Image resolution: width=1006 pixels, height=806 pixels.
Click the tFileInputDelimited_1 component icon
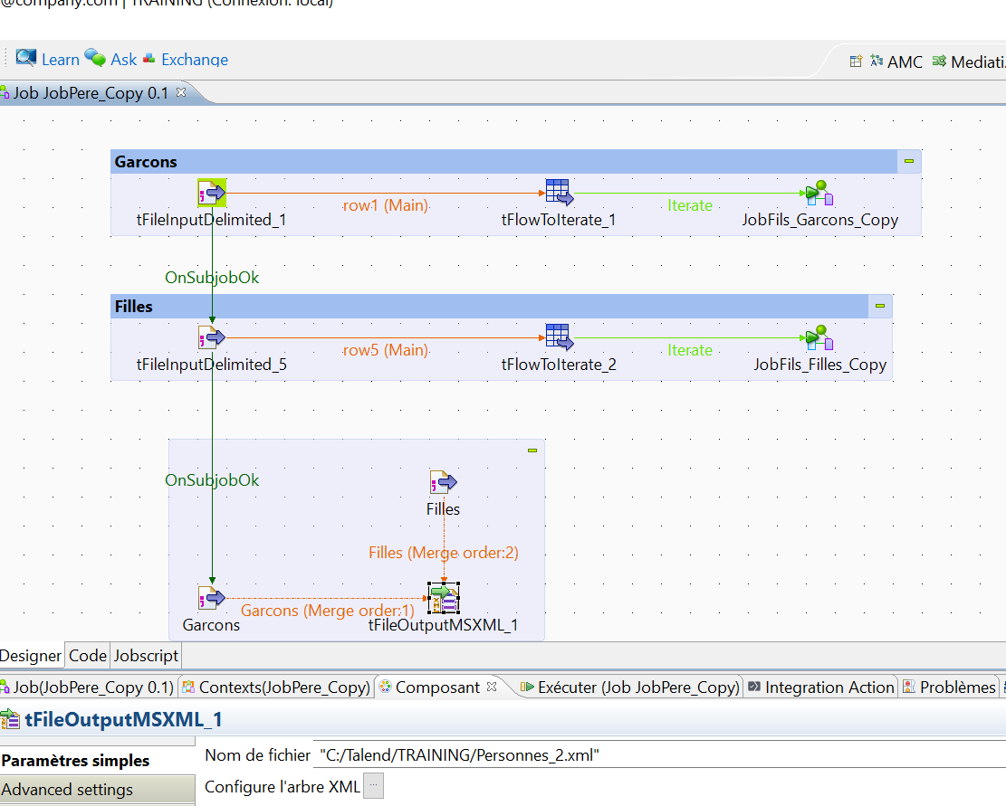coord(211,193)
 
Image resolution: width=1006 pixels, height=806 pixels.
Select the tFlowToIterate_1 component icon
coord(559,193)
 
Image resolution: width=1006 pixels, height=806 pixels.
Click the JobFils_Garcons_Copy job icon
coord(818,194)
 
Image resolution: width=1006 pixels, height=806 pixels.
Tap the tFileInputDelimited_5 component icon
coord(211,338)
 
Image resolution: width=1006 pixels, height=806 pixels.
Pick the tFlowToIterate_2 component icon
coord(559,337)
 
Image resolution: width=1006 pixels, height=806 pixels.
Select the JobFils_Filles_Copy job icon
coord(818,338)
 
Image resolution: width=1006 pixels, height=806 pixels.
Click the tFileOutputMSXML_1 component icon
coord(443,598)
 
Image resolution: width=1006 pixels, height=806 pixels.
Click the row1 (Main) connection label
coord(385,205)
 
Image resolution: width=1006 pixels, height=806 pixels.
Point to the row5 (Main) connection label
coord(385,350)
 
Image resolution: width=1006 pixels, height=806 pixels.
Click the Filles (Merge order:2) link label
coord(443,552)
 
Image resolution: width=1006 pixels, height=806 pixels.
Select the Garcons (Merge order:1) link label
coord(327,611)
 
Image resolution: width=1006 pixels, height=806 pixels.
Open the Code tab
coord(88,656)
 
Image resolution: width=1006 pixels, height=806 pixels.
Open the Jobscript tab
coord(146,656)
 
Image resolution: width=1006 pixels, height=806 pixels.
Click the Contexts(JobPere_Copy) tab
coord(277,687)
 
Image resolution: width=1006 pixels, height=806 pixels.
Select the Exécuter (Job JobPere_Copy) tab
coord(631,687)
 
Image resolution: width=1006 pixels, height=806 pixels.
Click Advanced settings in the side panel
coord(68,790)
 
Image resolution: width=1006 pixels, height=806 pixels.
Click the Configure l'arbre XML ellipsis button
coord(373,786)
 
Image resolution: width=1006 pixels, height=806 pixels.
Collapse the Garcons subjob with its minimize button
coord(908,161)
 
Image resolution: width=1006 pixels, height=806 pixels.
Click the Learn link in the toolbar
coord(60,60)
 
